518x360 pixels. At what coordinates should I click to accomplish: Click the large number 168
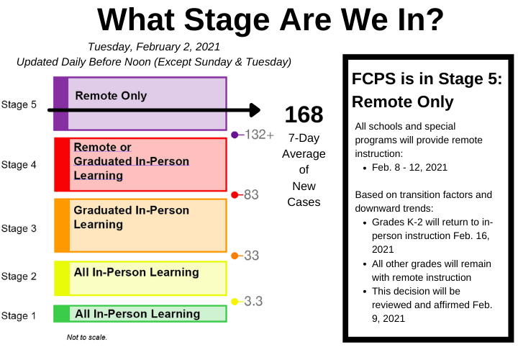(x=304, y=114)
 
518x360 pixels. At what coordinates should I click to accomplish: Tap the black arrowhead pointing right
(x=255, y=110)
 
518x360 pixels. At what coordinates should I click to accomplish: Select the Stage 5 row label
(x=19, y=104)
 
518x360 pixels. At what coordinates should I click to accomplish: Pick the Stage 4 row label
(x=19, y=165)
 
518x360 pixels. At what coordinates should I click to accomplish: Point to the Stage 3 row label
(x=19, y=228)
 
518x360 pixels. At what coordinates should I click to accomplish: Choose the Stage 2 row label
(x=19, y=276)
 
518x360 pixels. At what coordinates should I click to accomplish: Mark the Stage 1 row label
(x=19, y=315)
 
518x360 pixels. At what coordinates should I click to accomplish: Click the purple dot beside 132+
(x=235, y=135)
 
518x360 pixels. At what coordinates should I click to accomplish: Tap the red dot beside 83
(x=235, y=195)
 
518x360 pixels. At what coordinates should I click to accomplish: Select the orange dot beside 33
(x=235, y=256)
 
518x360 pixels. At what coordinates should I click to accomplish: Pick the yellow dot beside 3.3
(x=235, y=302)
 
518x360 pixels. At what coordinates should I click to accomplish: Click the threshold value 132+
(x=259, y=135)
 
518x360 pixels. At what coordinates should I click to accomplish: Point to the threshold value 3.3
(x=253, y=301)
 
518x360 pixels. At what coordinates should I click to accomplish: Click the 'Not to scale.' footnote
(x=87, y=337)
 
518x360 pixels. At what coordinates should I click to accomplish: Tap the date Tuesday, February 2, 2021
(x=154, y=47)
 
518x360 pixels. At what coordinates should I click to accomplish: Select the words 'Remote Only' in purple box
(x=111, y=96)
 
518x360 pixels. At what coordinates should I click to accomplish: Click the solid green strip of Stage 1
(x=62, y=314)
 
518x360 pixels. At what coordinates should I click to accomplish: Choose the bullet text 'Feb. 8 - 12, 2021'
(x=409, y=167)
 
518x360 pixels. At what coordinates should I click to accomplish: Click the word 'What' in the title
(x=136, y=19)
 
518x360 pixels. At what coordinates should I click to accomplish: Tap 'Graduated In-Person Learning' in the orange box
(x=131, y=217)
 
